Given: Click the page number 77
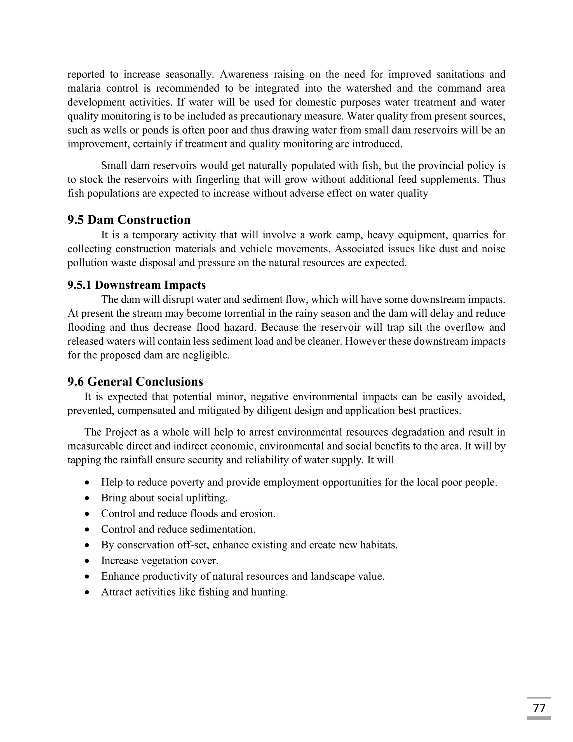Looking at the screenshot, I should [539, 708].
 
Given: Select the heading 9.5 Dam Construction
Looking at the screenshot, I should [129, 220].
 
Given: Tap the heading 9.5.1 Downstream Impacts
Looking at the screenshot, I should [137, 285].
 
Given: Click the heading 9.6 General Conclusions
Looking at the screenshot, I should [135, 382].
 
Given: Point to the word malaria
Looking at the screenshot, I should [83, 88].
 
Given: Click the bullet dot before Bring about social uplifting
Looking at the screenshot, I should [88, 498].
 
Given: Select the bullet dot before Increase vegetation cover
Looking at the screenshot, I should [88, 561].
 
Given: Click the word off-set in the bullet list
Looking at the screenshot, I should [193, 545].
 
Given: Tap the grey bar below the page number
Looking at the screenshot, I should [539, 718].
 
